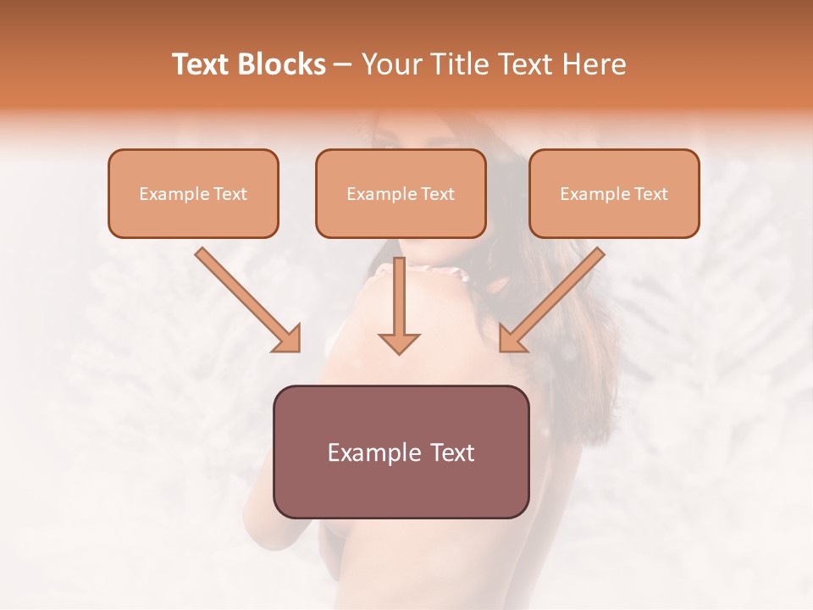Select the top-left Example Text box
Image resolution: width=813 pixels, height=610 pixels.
pos(193,193)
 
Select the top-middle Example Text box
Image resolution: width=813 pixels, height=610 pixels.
pos(401,193)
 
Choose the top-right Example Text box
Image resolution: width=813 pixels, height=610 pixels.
pos(614,193)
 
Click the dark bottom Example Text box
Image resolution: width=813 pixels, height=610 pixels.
pos(401,452)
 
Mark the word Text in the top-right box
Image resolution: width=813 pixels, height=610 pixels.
pos(651,194)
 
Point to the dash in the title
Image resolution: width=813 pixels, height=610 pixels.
pos(343,65)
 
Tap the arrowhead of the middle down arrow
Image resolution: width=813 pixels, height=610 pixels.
pos(399,342)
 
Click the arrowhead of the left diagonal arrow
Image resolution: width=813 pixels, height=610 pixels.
pos(287,338)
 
